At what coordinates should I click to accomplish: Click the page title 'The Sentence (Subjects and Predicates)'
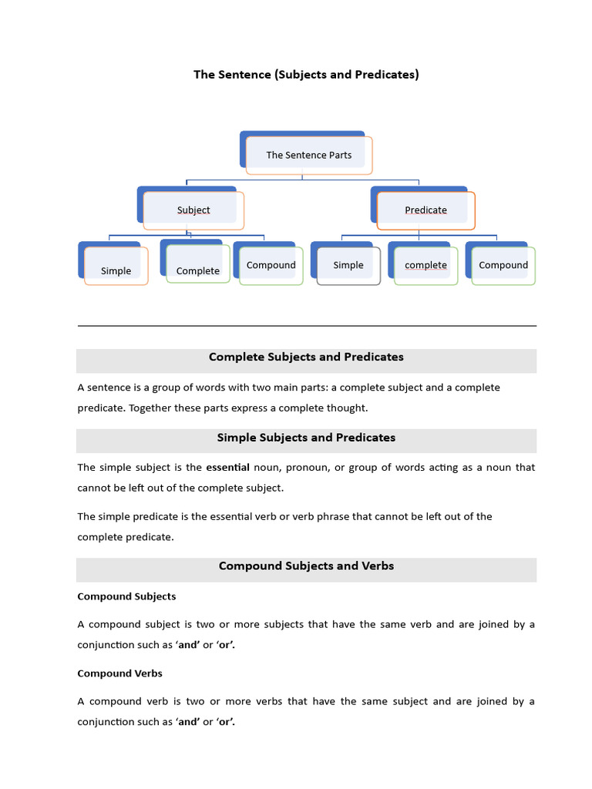pyautogui.click(x=306, y=75)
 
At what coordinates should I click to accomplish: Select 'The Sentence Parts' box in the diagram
pyautogui.click(x=308, y=155)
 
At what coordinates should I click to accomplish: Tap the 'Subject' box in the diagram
pyautogui.click(x=193, y=210)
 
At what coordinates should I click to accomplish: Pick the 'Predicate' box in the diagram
pyautogui.click(x=425, y=210)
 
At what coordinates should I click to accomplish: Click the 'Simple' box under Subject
pyautogui.click(x=116, y=270)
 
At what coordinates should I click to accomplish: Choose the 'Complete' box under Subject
pyautogui.click(x=197, y=270)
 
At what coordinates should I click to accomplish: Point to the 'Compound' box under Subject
pyautogui.click(x=271, y=265)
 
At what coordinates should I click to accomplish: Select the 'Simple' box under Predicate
pyautogui.click(x=348, y=265)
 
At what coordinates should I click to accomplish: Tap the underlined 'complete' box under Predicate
pyautogui.click(x=425, y=265)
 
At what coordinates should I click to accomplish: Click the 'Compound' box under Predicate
pyautogui.click(x=503, y=265)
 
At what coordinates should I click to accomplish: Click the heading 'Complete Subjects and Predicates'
pyautogui.click(x=306, y=357)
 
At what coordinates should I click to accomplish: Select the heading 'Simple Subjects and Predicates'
pyautogui.click(x=306, y=438)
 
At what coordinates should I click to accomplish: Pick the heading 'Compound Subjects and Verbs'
pyautogui.click(x=306, y=566)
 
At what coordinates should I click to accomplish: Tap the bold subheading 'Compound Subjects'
pyautogui.click(x=126, y=596)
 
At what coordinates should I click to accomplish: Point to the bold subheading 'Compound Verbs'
pyautogui.click(x=119, y=673)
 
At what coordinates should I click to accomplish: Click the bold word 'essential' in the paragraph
pyautogui.click(x=227, y=467)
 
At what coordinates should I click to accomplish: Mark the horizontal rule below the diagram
pyautogui.click(x=306, y=326)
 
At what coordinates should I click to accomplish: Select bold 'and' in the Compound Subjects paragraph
pyautogui.click(x=188, y=645)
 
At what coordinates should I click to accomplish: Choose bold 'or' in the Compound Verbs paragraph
pyautogui.click(x=225, y=722)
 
